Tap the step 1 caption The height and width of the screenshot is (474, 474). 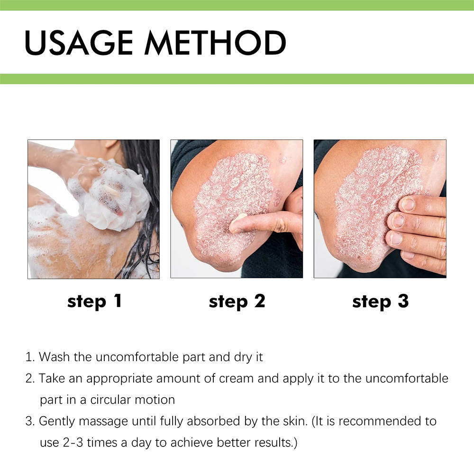pos(94,301)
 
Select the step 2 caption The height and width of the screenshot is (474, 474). pos(237,301)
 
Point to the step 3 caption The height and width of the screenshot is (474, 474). pos(380,301)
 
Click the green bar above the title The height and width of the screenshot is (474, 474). pos(237,5)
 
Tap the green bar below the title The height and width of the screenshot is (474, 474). pos(237,79)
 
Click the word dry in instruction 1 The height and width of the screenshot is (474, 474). pos(243,357)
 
